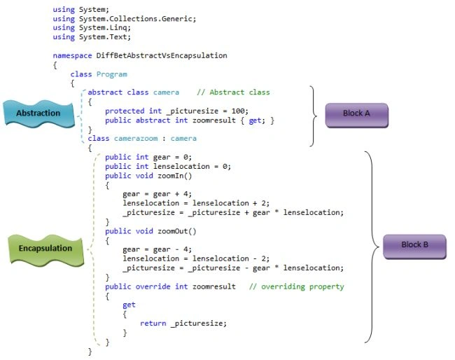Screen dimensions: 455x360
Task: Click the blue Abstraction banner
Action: tap(38, 113)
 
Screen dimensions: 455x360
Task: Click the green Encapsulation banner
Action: tap(45, 249)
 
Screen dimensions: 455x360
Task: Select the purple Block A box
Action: tap(356, 116)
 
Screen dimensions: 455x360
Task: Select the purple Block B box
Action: tap(414, 247)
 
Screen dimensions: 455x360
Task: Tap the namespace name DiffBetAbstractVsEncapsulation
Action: tap(162, 55)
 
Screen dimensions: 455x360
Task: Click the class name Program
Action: tap(112, 74)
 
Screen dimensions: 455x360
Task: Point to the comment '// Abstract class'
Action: tap(233, 92)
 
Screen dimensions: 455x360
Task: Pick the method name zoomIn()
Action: tap(175, 176)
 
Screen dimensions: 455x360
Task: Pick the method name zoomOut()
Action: tap(177, 231)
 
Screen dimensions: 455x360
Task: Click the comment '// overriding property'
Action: tap(297, 286)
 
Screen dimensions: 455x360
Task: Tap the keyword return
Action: tap(153, 324)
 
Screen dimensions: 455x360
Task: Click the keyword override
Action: tap(153, 286)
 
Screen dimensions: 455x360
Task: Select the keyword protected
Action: tap(125, 111)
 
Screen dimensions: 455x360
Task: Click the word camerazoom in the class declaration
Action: tap(136, 139)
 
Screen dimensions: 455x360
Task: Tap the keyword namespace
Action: tap(72, 55)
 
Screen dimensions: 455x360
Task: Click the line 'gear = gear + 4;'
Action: tap(157, 194)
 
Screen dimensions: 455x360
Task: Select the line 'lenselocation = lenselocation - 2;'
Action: tap(196, 258)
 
